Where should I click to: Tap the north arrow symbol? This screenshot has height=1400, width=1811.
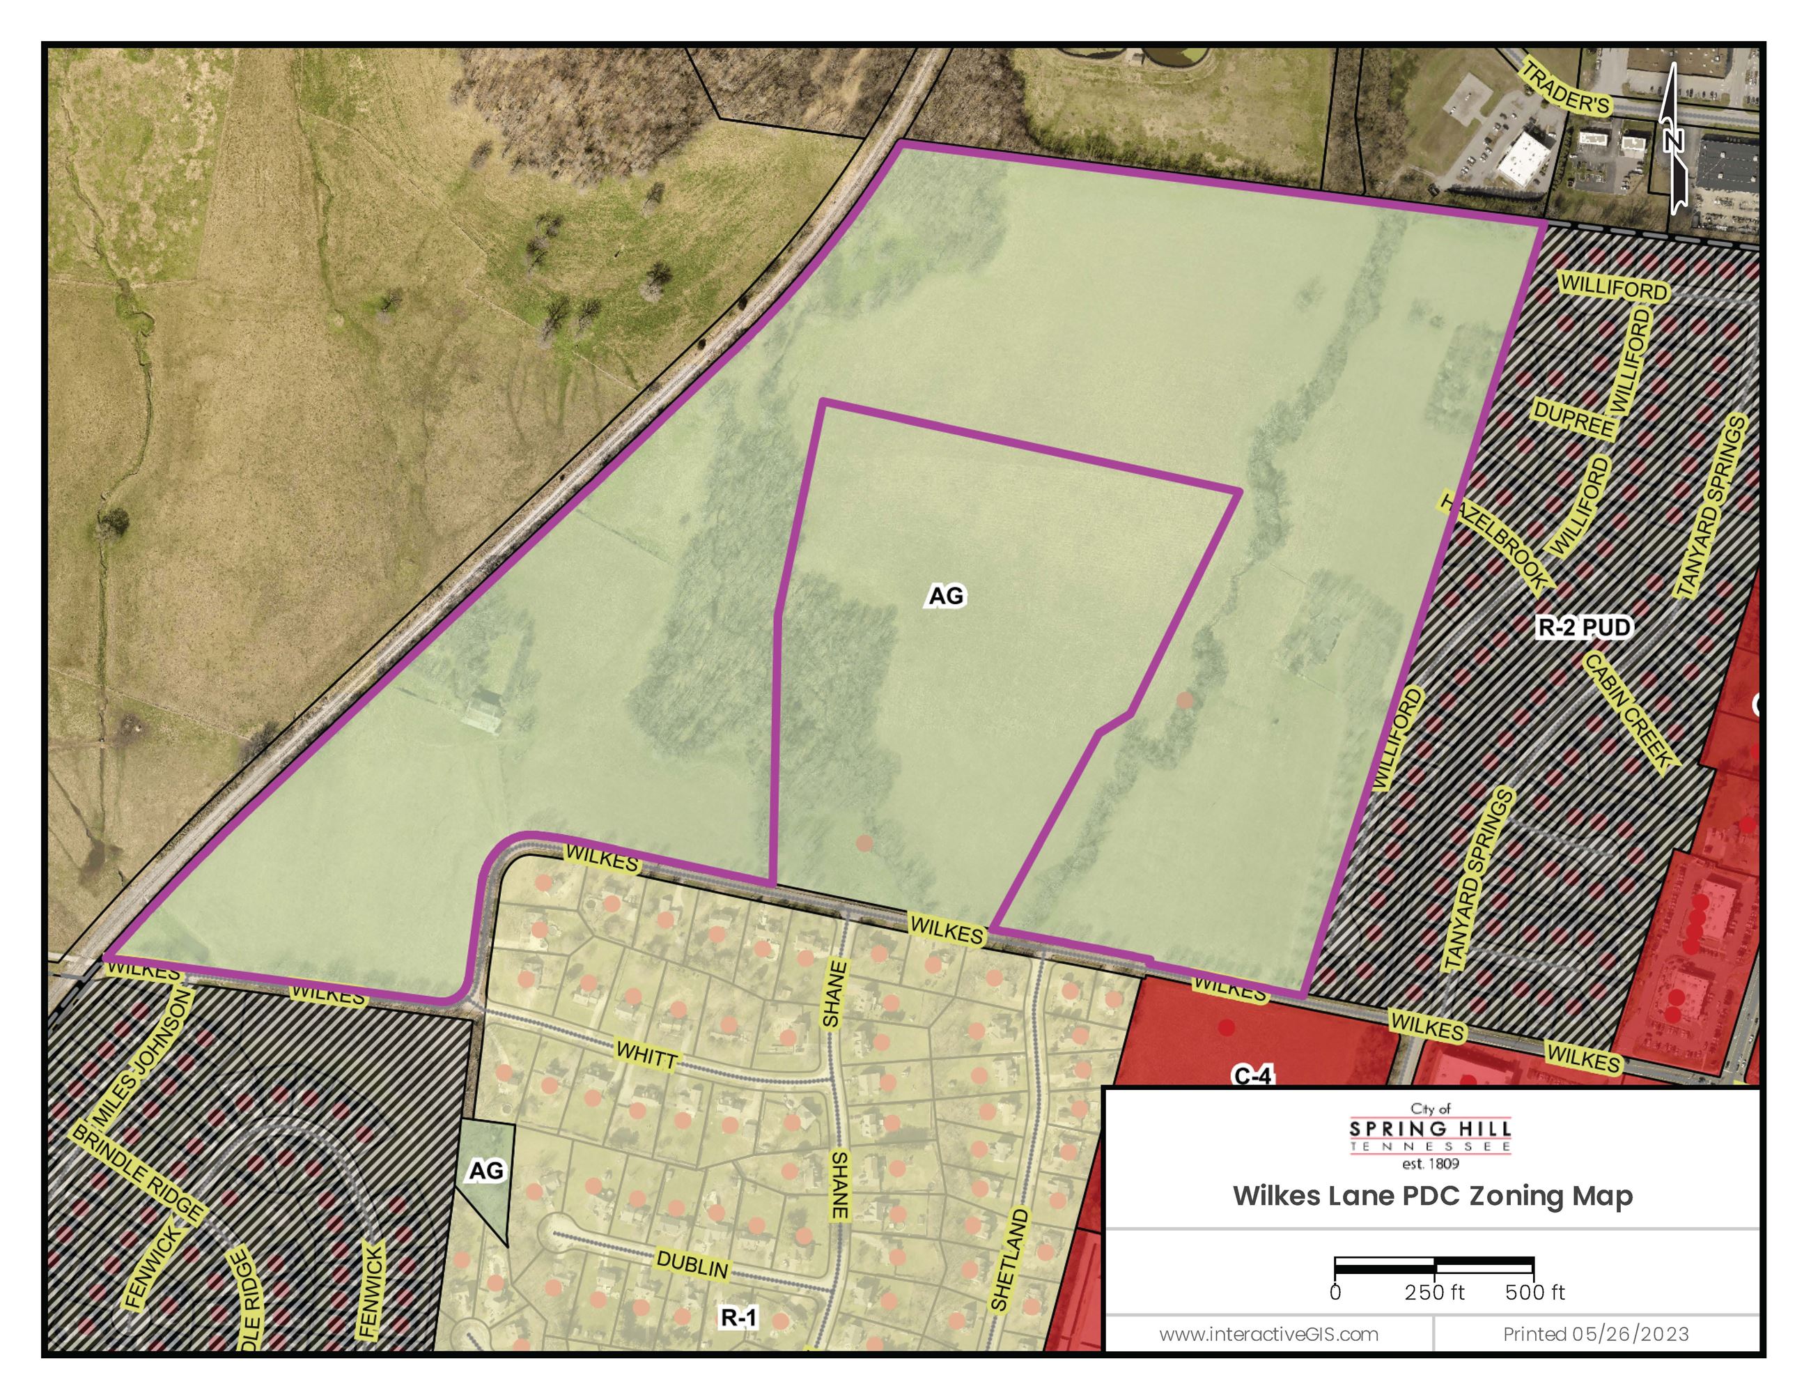pyautogui.click(x=1674, y=139)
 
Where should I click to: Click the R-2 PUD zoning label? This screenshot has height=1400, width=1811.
pyautogui.click(x=1584, y=627)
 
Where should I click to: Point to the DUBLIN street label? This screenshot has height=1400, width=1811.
pyautogui.click(x=692, y=1265)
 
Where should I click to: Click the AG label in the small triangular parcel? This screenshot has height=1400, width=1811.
pyautogui.click(x=486, y=1170)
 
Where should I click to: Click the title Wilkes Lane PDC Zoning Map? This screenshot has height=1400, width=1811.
pyautogui.click(x=1432, y=1196)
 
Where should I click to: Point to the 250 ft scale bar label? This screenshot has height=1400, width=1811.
pyautogui.click(x=1435, y=1292)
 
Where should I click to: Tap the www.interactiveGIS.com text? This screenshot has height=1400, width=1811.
pyautogui.click(x=1268, y=1334)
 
